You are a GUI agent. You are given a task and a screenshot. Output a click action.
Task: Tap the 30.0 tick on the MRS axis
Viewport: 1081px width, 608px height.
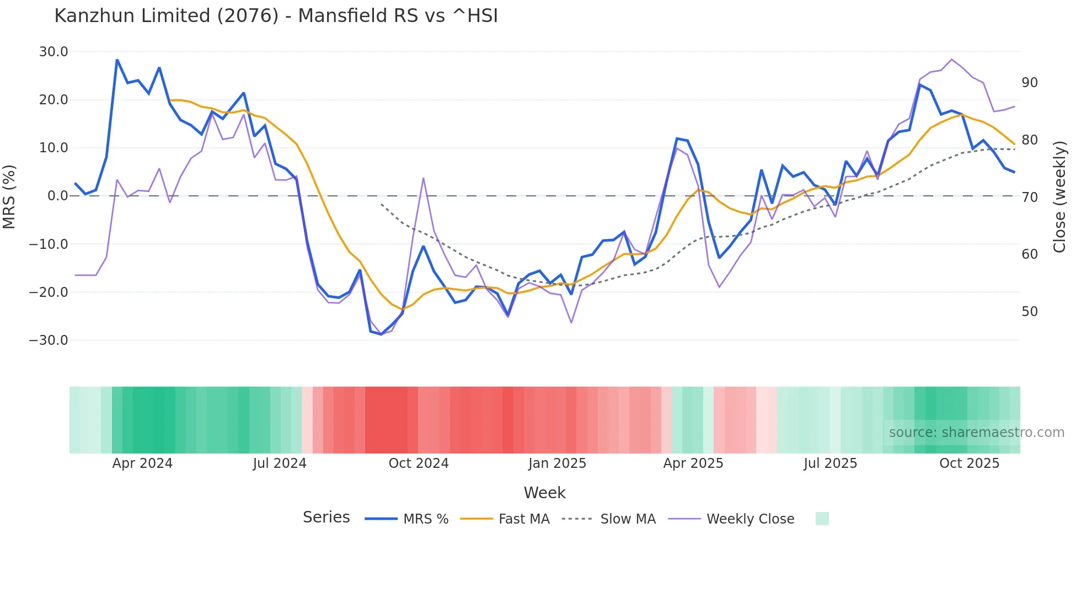click(x=53, y=52)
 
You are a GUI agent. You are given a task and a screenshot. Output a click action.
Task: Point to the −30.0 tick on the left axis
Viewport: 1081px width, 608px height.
click(x=49, y=340)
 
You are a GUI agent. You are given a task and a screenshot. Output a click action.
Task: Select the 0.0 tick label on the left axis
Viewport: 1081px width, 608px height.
click(x=57, y=196)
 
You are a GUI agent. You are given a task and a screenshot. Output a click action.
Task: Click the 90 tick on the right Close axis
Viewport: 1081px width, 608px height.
click(x=1029, y=83)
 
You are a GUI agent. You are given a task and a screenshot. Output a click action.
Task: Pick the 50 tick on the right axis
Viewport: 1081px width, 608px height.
click(x=1029, y=312)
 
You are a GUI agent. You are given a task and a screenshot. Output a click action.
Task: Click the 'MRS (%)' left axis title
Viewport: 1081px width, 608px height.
click(x=9, y=196)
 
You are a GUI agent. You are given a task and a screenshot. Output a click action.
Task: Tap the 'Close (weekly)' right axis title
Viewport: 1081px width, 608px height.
click(x=1059, y=196)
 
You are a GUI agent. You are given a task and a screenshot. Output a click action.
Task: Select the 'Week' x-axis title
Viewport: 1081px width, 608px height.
click(x=544, y=493)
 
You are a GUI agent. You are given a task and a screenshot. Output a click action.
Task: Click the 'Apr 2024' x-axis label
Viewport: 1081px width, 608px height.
click(x=142, y=463)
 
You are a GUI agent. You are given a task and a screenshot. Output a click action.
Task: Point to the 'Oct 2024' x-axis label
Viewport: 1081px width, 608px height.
click(x=419, y=463)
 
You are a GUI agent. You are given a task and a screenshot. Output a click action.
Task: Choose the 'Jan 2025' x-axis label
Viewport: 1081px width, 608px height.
click(x=557, y=463)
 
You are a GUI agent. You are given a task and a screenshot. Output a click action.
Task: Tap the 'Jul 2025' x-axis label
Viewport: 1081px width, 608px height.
click(x=830, y=463)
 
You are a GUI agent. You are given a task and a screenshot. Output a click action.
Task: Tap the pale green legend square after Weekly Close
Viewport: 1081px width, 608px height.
click(x=822, y=519)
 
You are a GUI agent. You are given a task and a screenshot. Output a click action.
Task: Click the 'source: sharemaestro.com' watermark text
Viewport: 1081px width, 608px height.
click(x=976, y=433)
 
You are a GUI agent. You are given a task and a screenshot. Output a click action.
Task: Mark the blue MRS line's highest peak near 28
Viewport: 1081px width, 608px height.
click(x=117, y=60)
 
